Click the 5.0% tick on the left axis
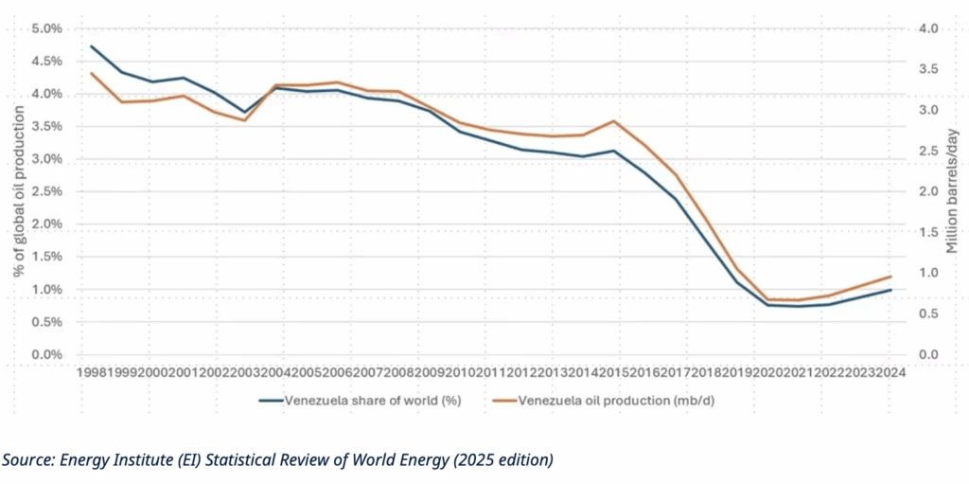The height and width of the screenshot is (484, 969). coord(47,28)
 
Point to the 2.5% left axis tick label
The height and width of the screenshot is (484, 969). coord(47,191)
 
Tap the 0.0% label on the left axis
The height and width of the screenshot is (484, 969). coord(47,354)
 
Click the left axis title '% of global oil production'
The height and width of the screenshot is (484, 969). coord(19,191)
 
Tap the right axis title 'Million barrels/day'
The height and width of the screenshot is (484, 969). coord(952,191)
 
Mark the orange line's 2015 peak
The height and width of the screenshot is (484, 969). coord(615,121)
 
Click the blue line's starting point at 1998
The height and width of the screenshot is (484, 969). coord(92,46)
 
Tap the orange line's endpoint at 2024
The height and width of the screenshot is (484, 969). coord(890,277)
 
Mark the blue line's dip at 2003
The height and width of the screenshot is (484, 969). coord(245,112)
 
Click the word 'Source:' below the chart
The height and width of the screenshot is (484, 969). coord(27,460)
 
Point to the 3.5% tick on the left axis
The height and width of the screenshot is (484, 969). coord(47,126)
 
